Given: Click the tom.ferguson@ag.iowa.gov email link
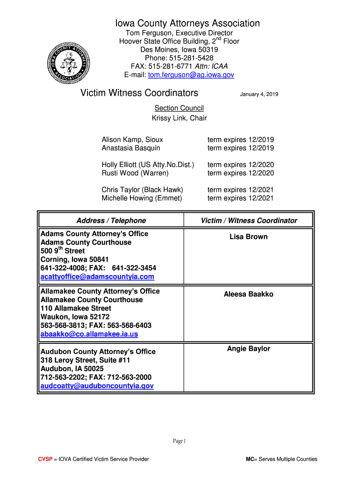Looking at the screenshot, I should pos(191,75).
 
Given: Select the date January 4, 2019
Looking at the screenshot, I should pos(259,94).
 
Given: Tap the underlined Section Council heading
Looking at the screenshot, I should pos(179,108).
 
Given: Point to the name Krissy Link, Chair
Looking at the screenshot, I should pos(179,118).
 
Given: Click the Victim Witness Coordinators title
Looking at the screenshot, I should pos(139,93).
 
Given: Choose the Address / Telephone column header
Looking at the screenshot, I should pos(111,220).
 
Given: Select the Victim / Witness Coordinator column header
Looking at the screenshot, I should pos(249,220).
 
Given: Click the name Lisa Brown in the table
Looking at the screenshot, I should pos(248,237).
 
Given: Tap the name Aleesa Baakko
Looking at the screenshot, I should pos(248,294).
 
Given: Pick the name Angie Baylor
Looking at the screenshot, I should pos(248,348).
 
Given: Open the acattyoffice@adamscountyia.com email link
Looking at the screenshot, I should pos(97,277).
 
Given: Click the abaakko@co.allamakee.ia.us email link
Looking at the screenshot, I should pos(89,334).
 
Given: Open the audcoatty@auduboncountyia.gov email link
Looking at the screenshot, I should pos(97,386).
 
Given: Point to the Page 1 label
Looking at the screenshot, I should pos(180,441).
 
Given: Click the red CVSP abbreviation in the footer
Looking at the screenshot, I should pos(45,459).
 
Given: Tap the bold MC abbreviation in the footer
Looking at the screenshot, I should pos(250,459).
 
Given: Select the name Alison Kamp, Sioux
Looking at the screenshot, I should pos(132,139).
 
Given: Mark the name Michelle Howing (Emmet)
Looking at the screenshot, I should pos(142,198).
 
